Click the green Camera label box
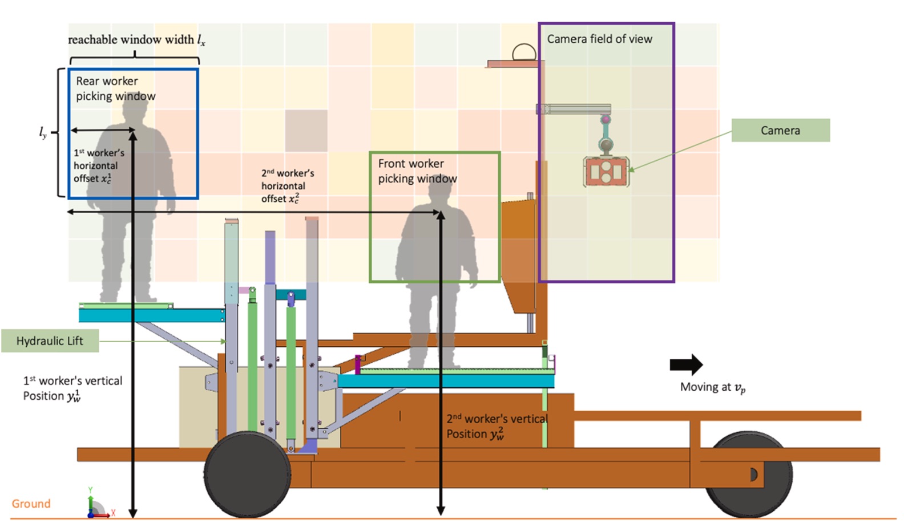pyautogui.click(x=780, y=131)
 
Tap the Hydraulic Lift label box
pyautogui.click(x=50, y=341)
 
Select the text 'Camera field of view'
pyautogui.click(x=599, y=39)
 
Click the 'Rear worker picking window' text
pyautogui.click(x=115, y=88)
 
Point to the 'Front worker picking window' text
pyautogui.click(x=417, y=171)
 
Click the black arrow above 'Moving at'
pyautogui.click(x=686, y=364)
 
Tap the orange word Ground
pyautogui.click(x=31, y=504)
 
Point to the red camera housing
pyautogui.click(x=606, y=172)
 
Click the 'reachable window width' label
pyautogui.click(x=136, y=40)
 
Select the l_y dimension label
pyautogui.click(x=43, y=132)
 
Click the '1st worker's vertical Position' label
pyautogui.click(x=72, y=388)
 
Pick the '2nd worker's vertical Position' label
pyautogui.click(x=497, y=427)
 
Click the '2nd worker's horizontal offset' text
pyautogui.click(x=288, y=186)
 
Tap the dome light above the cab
pyautogui.click(x=524, y=54)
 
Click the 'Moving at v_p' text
pyautogui.click(x=713, y=387)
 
